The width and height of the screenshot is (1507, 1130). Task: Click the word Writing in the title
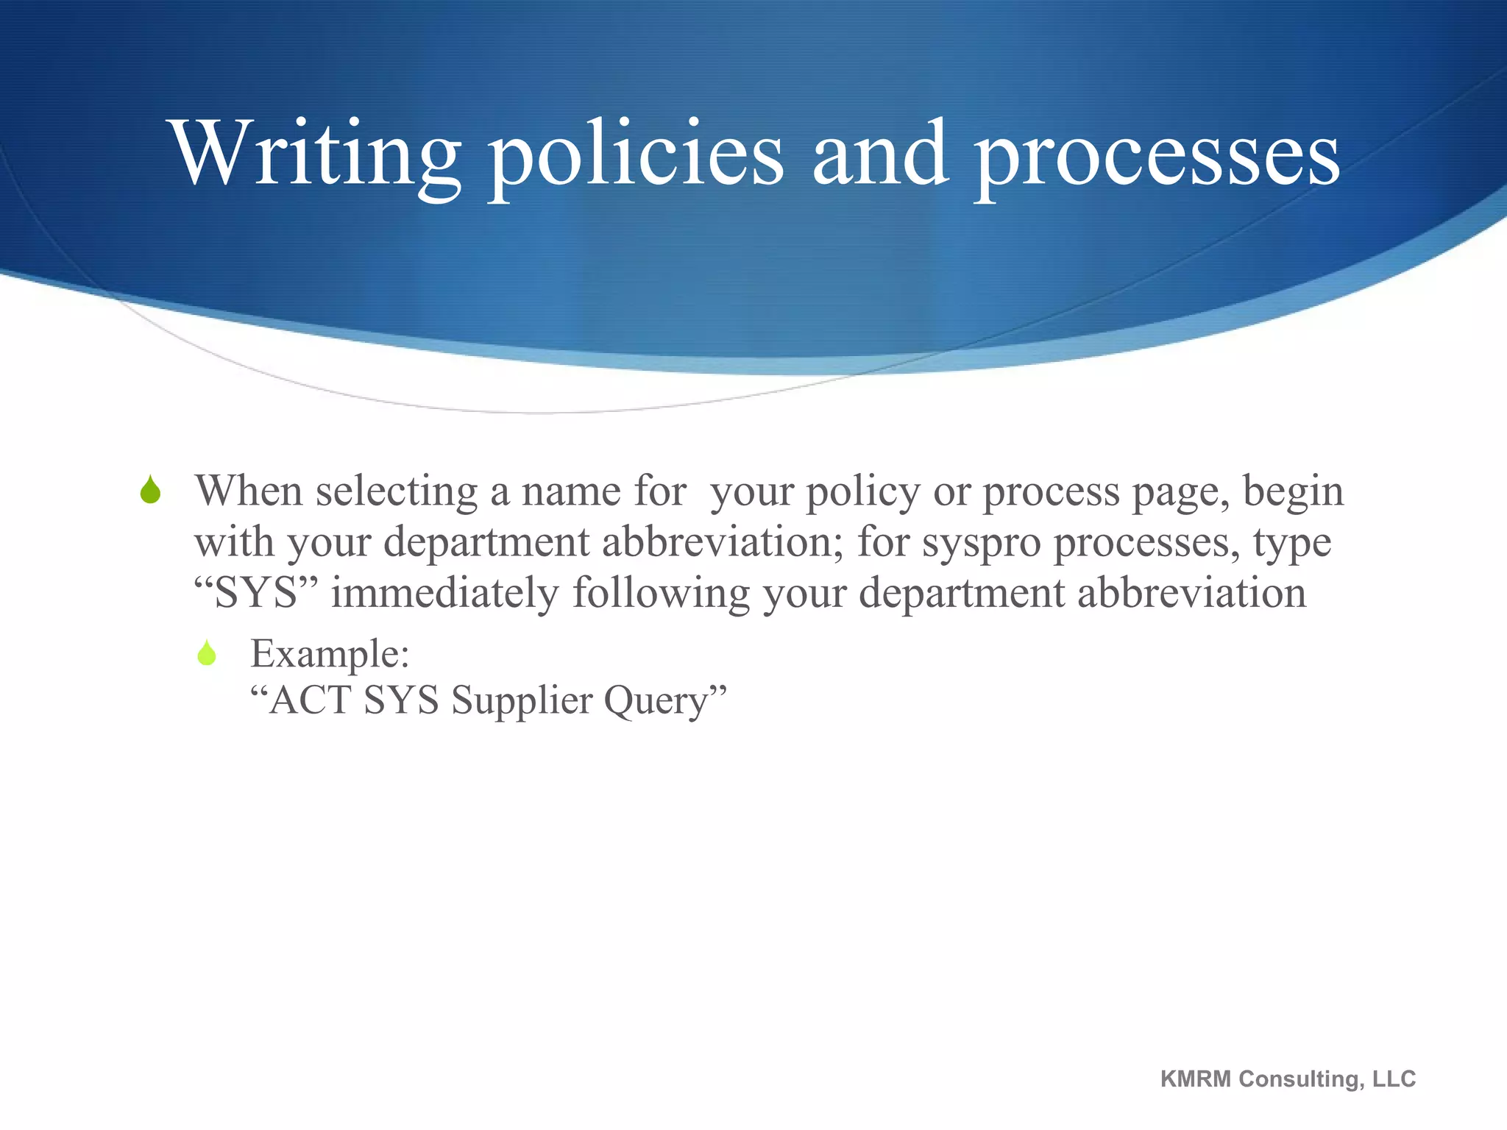click(316, 154)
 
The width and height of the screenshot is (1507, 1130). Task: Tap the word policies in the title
click(637, 154)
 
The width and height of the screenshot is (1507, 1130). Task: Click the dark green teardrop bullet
click(150, 490)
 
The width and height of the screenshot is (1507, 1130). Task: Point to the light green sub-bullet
click(207, 653)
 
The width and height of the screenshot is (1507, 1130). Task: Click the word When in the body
click(249, 491)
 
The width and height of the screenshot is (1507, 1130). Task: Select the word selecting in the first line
click(397, 492)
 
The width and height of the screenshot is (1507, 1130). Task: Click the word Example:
click(330, 653)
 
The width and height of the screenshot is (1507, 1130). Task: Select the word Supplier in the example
click(521, 701)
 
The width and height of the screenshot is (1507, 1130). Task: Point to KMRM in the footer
click(1195, 1079)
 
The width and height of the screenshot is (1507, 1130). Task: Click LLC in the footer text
click(1394, 1079)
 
